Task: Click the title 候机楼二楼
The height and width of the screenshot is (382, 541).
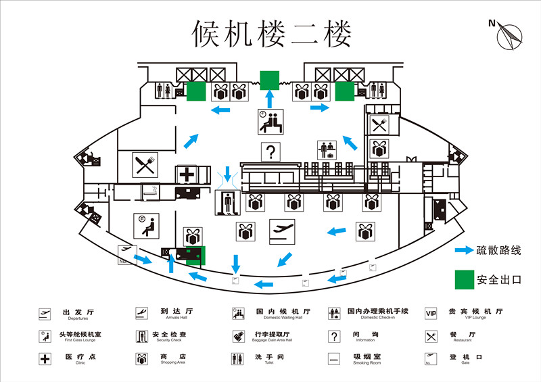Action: [x=272, y=33]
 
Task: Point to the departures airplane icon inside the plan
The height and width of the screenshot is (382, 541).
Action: [x=282, y=231]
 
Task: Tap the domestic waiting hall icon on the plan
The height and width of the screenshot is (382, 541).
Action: [x=270, y=122]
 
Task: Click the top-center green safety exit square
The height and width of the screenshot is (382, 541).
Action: [x=270, y=80]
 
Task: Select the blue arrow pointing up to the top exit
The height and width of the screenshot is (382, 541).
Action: [x=270, y=99]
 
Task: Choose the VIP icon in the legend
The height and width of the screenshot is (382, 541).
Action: [x=431, y=313]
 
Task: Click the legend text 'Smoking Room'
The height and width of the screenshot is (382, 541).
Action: [x=367, y=363]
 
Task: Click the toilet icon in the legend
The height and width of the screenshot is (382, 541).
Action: [x=237, y=358]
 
